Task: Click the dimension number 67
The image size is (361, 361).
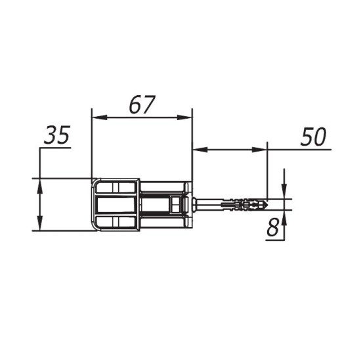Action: coord(142,105)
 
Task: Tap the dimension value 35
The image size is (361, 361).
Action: coord(57,135)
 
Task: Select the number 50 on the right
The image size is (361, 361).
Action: coord(313,137)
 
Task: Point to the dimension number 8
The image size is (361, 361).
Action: coord(273,227)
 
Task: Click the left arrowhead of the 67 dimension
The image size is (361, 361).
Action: coord(100,117)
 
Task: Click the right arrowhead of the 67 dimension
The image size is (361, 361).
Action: coord(184,117)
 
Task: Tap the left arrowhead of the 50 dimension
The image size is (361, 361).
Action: coord(200,150)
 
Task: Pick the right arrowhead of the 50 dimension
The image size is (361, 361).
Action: coord(259,150)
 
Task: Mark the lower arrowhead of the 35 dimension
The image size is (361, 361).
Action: coord(40,223)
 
